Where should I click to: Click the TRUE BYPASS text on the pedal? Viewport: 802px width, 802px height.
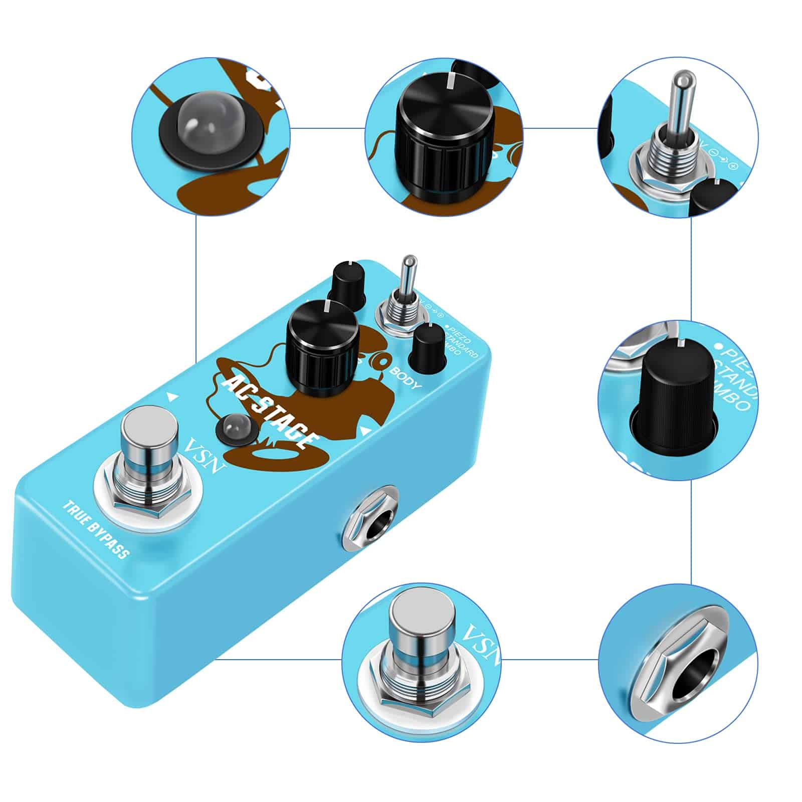[96, 529]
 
